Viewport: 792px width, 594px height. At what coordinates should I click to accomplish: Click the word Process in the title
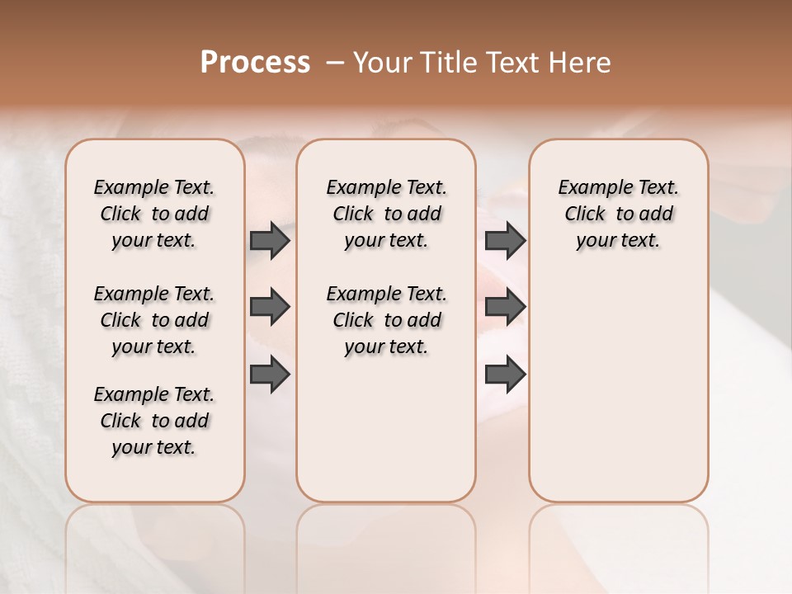tap(255, 63)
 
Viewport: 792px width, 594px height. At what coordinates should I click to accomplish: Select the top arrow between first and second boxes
tap(270, 240)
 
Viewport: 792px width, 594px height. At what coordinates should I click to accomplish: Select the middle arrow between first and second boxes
tap(270, 307)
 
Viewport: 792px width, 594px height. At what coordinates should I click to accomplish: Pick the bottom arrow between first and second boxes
tap(270, 375)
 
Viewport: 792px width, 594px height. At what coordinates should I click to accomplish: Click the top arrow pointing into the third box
tap(505, 240)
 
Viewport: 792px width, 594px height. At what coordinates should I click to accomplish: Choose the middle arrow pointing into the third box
tap(505, 307)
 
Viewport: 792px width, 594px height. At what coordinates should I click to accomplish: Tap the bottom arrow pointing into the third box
tap(505, 375)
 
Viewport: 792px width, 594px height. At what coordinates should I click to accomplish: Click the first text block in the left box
tap(154, 214)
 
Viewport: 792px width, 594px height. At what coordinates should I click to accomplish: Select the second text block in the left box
tap(154, 320)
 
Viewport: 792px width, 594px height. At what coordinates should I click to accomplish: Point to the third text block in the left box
tap(154, 421)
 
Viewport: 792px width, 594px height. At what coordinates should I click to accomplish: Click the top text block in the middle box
tap(386, 214)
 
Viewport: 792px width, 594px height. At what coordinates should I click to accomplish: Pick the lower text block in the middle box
tap(386, 320)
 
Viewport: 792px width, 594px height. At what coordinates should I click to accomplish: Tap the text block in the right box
tap(618, 214)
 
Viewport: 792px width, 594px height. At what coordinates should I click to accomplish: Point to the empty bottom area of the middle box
tap(386, 437)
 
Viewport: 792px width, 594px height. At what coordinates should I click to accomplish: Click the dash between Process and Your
tap(334, 63)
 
